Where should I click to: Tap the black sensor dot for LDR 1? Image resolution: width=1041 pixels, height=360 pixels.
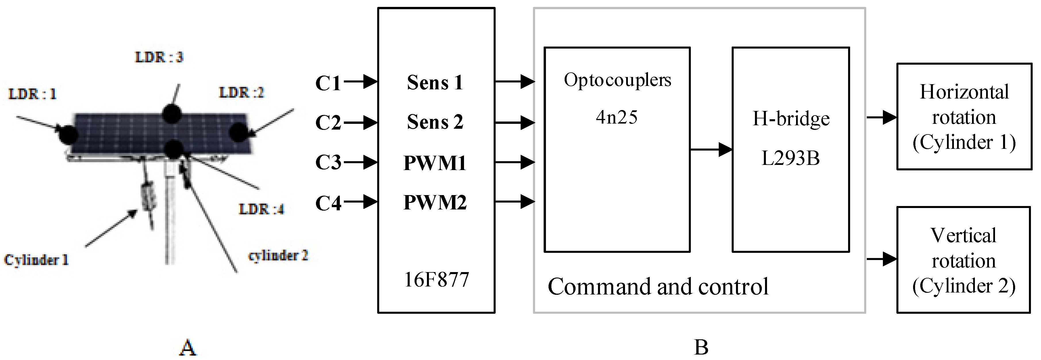(x=68, y=134)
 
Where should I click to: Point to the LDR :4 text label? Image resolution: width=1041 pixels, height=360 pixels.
(x=261, y=209)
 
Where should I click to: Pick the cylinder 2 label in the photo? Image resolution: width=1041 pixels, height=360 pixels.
(x=278, y=255)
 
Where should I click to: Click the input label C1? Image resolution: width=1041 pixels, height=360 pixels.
(x=328, y=84)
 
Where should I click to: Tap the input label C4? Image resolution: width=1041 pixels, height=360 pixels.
(x=328, y=203)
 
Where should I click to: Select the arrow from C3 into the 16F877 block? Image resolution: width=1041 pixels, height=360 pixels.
(x=360, y=162)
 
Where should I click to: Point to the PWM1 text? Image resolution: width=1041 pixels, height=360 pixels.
(x=435, y=163)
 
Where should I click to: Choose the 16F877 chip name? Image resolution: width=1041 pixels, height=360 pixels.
(x=436, y=280)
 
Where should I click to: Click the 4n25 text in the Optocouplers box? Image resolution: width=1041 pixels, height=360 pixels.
(x=617, y=118)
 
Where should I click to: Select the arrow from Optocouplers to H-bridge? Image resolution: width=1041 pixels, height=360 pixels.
(x=711, y=149)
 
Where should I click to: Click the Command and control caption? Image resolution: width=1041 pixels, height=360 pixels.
(x=658, y=287)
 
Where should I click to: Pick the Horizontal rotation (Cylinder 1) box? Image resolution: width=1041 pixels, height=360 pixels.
(x=964, y=117)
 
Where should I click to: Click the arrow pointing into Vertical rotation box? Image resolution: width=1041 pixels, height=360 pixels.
(x=881, y=259)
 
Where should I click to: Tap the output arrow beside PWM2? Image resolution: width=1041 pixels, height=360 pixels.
(x=515, y=201)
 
